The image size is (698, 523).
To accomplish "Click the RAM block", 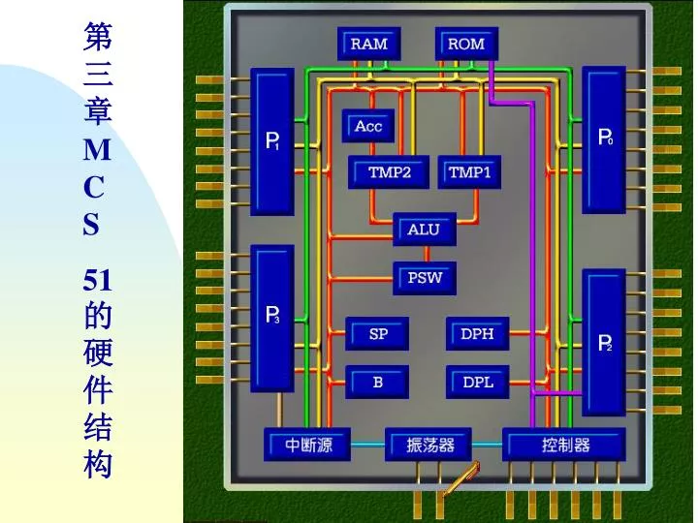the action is (369, 44).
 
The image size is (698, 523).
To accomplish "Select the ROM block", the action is (466, 44).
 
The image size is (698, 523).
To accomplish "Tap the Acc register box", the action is (368, 126).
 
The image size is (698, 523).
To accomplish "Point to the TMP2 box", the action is (389, 172).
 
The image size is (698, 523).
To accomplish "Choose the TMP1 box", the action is (469, 172).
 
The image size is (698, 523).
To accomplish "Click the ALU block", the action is (425, 229).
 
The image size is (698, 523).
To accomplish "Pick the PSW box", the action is (425, 278).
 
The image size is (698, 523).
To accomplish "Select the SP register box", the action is (377, 333).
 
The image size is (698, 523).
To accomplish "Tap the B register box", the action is (377, 382).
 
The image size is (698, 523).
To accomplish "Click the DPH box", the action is (478, 333).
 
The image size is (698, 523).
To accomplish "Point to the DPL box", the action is (478, 382).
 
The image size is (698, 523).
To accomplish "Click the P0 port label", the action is (605, 137).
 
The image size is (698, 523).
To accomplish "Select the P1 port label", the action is (272, 141).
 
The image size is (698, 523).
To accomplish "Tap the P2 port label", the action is (605, 343).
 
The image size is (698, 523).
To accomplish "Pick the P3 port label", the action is (272, 315).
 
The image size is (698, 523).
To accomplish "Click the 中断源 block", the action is (307, 445).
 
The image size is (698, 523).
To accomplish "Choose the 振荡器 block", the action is (428, 445).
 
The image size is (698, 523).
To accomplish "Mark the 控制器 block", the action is (564, 445).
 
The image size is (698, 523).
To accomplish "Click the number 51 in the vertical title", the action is (98, 280).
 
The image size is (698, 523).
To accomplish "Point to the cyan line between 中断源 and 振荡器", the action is (367, 444).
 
